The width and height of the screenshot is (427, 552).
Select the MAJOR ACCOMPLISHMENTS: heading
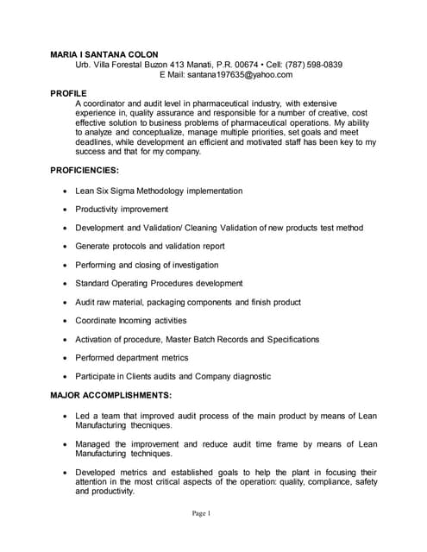coord(111,396)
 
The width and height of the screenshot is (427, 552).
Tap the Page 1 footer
coord(202,513)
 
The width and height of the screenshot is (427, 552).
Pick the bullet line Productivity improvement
coord(122,210)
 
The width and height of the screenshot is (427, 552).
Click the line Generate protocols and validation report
coord(150,246)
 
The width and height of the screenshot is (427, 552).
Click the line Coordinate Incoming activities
coord(130,321)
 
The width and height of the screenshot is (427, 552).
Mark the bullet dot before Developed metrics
coord(66,473)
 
